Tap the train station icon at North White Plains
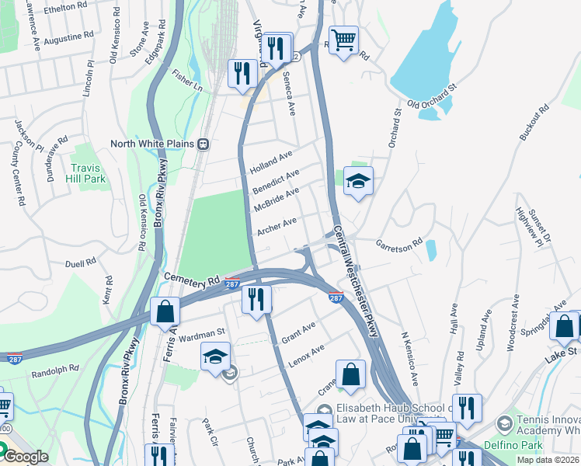[204, 144]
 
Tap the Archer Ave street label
[277, 227]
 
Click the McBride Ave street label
[276, 201]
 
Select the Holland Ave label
[271, 162]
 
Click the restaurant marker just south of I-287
[256, 298]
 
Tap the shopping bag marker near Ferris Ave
[165, 311]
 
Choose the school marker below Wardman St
[216, 357]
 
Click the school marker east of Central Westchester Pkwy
[358, 182]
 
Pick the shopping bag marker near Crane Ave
[350, 374]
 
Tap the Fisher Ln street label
[186, 81]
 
